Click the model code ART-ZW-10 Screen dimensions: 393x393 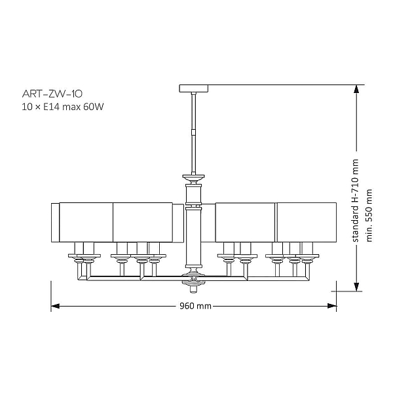[x=52, y=94]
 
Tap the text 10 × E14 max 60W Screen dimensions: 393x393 [x=63, y=107]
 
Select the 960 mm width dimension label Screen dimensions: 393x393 [x=195, y=306]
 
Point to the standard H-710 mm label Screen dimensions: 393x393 [x=356, y=200]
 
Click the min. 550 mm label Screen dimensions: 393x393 [x=369, y=215]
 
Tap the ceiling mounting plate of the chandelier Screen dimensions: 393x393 [x=193, y=88]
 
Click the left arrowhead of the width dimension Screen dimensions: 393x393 [x=55, y=306]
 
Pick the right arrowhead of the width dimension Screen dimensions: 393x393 [x=332, y=306]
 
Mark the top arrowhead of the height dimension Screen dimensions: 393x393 [x=356, y=89]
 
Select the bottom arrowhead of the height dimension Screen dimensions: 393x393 [x=356, y=287]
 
